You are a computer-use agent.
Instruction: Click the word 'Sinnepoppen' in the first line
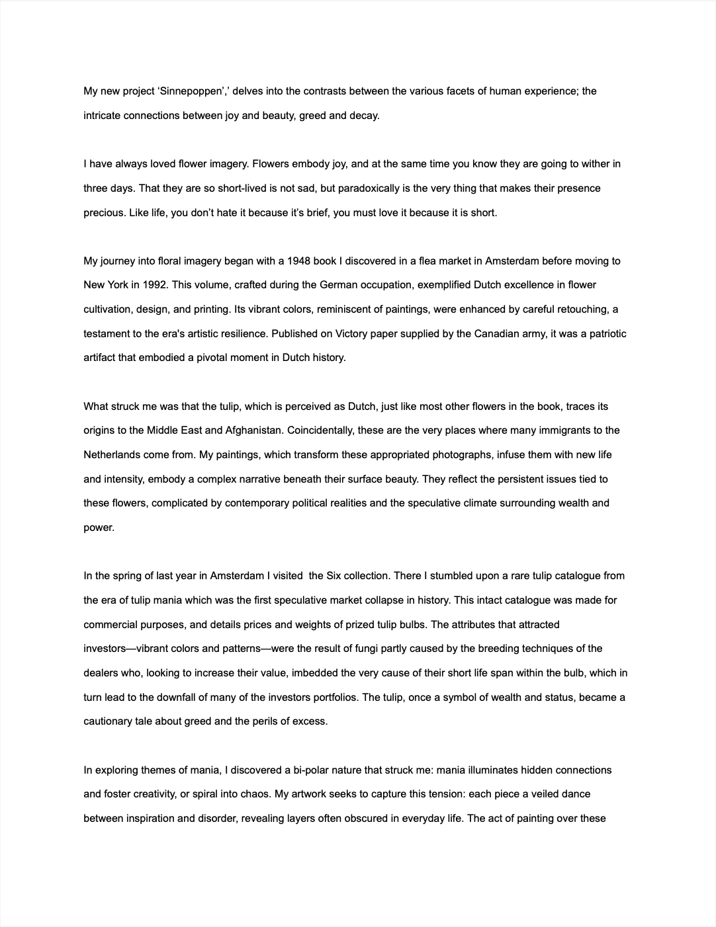(x=195, y=91)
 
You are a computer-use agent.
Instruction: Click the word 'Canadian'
(x=496, y=333)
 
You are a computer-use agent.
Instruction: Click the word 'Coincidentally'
(x=320, y=430)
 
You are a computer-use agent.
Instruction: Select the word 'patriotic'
(x=605, y=333)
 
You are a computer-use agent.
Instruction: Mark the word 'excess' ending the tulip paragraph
(x=312, y=721)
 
